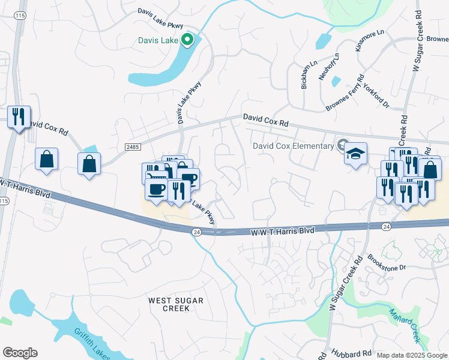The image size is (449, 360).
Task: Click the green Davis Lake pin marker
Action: click(x=187, y=40)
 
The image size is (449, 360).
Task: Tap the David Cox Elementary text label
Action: click(x=292, y=146)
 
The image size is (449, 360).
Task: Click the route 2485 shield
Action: click(x=133, y=146)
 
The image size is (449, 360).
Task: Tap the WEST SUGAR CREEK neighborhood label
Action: click(x=176, y=304)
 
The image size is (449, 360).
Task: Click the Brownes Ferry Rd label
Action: click(x=345, y=93)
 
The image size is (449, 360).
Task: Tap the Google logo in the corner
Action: click(x=20, y=353)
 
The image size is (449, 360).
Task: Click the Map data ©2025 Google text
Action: click(x=412, y=355)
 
